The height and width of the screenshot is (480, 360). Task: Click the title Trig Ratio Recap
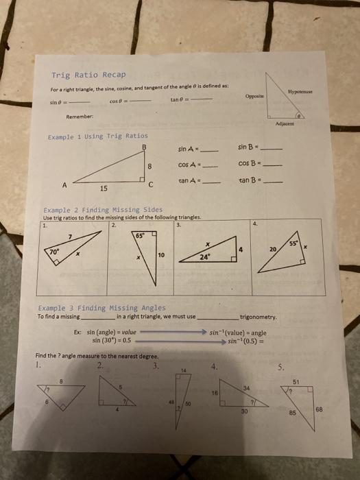84,75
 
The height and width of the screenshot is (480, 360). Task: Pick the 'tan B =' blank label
247,181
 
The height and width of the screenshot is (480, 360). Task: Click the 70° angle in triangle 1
53,252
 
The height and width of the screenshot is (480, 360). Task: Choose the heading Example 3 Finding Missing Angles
102,309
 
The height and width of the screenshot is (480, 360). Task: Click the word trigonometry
258,317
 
